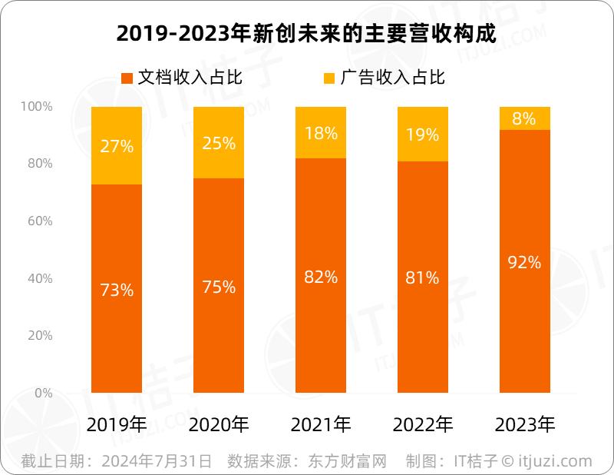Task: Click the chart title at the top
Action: (x=307, y=35)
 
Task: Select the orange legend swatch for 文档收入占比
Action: (x=127, y=78)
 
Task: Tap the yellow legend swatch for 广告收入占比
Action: (x=329, y=78)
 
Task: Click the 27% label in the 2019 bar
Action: (x=117, y=146)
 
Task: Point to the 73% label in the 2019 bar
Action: (x=117, y=291)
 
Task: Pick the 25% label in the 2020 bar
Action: (x=219, y=143)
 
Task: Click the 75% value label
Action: (x=219, y=287)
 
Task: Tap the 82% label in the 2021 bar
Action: (x=321, y=277)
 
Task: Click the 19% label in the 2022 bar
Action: (x=423, y=135)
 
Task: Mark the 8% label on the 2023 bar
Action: (x=525, y=119)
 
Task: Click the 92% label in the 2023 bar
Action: (x=525, y=263)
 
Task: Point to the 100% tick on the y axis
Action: (x=36, y=107)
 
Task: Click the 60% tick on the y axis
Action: (x=38, y=221)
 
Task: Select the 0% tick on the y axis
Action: (x=43, y=393)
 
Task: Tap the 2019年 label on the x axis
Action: (x=117, y=424)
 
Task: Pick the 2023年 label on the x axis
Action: (x=525, y=424)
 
